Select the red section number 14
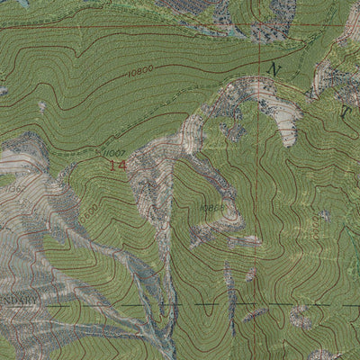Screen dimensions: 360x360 117,166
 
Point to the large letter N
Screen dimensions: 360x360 274,69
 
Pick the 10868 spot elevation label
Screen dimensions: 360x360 212,207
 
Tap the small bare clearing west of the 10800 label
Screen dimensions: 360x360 42,108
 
